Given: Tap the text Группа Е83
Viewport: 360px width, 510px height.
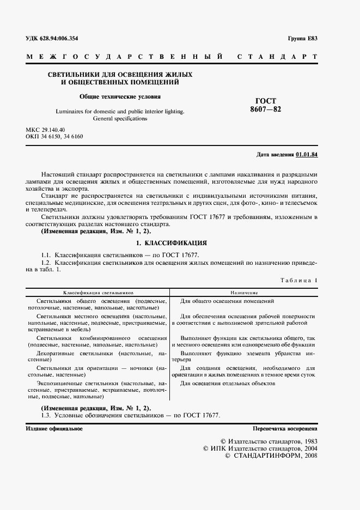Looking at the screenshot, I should (x=302, y=38).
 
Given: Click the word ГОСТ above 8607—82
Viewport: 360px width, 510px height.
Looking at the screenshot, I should (x=266, y=101).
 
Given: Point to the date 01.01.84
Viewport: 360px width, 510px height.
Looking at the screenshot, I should (x=307, y=155).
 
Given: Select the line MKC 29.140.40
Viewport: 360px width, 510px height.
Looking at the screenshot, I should (x=46, y=129).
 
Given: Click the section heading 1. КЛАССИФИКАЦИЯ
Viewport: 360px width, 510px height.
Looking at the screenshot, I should (x=172, y=242).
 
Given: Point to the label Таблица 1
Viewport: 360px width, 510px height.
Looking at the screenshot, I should (x=298, y=280).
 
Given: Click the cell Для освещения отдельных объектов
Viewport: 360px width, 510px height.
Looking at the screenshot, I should (x=228, y=384).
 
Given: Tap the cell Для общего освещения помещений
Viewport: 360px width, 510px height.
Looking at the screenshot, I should (x=227, y=301).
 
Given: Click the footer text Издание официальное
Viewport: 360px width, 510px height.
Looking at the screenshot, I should (x=54, y=429).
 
